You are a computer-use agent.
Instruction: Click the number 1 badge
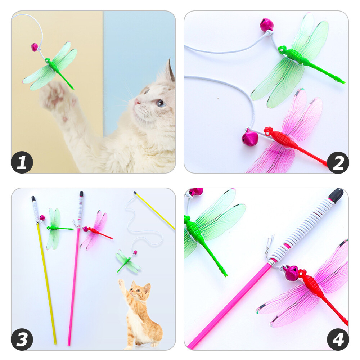coord(22,162)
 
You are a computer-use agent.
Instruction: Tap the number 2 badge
coord(338,162)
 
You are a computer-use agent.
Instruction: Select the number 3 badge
coord(22,339)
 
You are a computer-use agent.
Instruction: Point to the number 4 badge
coord(338,339)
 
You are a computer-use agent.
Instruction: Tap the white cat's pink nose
coord(137,102)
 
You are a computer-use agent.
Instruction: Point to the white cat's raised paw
coord(54,95)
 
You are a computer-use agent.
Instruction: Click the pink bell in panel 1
coord(34,47)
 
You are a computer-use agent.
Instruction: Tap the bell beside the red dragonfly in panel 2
coord(250,138)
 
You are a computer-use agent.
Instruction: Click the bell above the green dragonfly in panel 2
coord(267,25)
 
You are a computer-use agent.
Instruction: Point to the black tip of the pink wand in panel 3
coord(81,194)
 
